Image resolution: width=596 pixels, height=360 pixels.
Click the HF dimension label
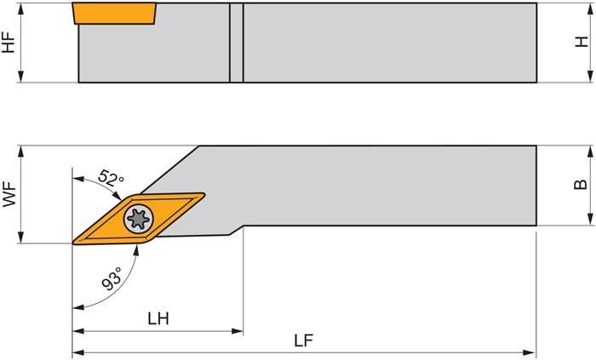pyautogui.click(x=9, y=43)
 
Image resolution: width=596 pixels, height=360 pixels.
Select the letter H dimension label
pyautogui.click(x=582, y=43)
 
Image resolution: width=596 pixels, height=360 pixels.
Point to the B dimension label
pyautogui.click(x=582, y=185)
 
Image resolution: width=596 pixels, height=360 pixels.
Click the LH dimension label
pyautogui.click(x=158, y=319)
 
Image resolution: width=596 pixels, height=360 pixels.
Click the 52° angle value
pyautogui.click(x=112, y=180)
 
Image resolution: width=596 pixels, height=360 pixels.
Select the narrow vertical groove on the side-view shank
pyautogui.click(x=236, y=43)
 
